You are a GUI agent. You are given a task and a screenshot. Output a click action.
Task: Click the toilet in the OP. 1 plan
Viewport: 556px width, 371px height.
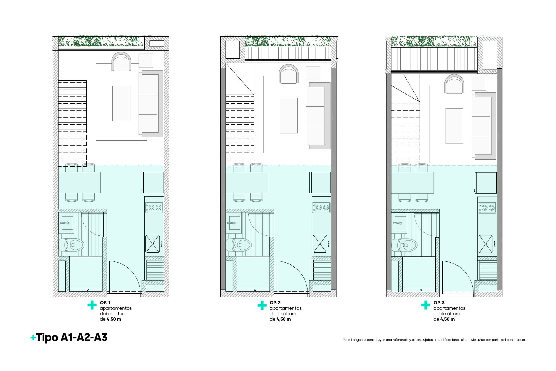click(x=71, y=245)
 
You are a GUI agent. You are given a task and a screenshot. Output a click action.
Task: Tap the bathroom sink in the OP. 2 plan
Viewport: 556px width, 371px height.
click(x=233, y=223)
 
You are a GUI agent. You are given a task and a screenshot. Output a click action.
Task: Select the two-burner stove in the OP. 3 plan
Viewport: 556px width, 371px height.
click(x=487, y=208)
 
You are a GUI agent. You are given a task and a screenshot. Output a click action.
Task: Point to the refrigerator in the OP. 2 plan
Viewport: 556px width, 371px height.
click(x=320, y=183)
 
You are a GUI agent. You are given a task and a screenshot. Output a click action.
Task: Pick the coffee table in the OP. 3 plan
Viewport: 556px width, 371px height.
click(x=454, y=126)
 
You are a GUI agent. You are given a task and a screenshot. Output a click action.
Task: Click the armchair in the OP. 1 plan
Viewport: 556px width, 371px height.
click(x=121, y=62)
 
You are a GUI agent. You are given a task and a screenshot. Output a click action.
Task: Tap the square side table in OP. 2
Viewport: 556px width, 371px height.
click(x=313, y=73)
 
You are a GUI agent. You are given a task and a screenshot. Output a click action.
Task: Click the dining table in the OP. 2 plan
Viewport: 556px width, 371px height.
click(x=247, y=183)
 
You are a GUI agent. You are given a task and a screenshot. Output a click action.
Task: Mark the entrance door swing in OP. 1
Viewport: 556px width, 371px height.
click(x=124, y=277)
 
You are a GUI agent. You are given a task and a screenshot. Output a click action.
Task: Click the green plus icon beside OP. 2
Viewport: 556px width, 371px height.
click(x=262, y=305)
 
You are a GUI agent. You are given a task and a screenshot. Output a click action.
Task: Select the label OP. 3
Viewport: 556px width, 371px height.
click(x=439, y=303)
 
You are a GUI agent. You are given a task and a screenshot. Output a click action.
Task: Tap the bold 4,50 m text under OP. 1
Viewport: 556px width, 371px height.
click(x=114, y=319)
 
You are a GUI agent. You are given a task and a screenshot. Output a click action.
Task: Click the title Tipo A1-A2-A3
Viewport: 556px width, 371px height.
click(x=69, y=338)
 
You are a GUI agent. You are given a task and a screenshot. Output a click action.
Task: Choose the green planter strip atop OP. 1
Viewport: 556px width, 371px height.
click(x=101, y=41)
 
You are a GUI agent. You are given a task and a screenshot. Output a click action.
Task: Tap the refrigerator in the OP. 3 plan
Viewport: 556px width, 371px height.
click(x=486, y=183)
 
